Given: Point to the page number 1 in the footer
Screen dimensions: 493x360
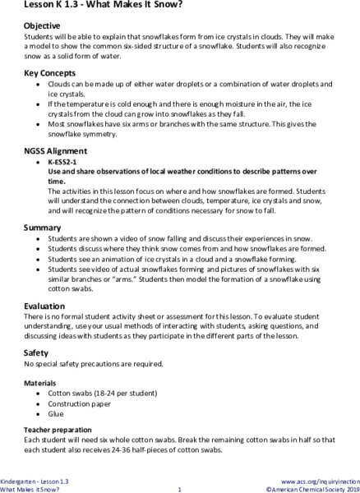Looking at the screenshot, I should tap(179, 490).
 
